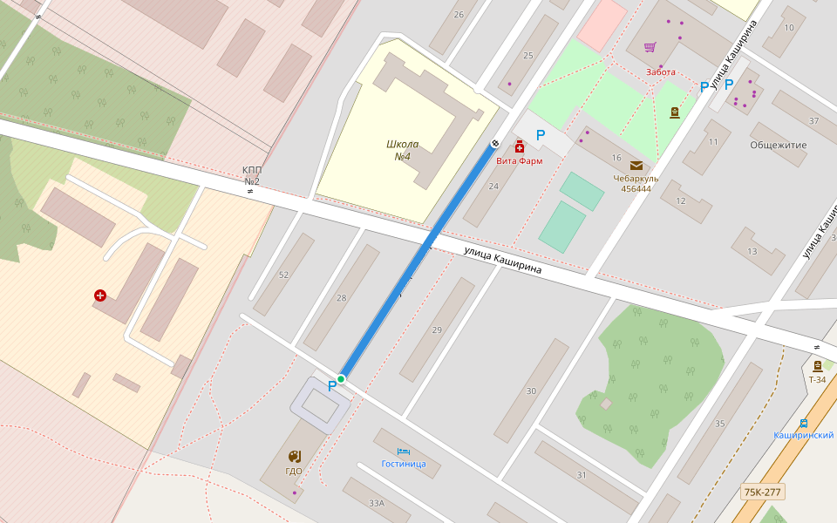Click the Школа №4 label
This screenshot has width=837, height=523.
(402, 150)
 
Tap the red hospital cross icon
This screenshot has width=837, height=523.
(100, 295)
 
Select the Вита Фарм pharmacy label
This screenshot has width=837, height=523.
(519, 160)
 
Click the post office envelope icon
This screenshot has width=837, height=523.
(636, 165)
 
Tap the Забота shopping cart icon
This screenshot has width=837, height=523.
(650, 47)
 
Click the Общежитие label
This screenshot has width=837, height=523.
(778, 145)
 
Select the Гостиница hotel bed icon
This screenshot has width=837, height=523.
(403, 451)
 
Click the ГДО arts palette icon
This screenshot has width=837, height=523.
(294, 456)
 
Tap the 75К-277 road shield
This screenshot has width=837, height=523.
(762, 492)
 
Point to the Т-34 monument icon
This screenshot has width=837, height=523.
(817, 366)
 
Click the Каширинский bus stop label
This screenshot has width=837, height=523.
(803, 435)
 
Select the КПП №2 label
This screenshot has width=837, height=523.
(252, 176)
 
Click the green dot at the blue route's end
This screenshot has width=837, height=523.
(341, 378)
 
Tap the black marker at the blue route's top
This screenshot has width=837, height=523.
(495, 142)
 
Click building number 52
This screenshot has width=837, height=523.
(283, 275)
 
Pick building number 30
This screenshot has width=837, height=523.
(531, 391)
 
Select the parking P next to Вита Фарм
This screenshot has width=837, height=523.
(541, 135)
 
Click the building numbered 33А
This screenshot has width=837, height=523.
(376, 503)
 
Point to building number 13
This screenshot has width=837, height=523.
(752, 251)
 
